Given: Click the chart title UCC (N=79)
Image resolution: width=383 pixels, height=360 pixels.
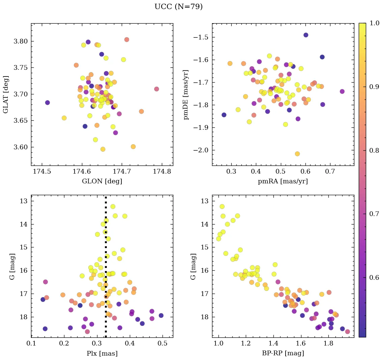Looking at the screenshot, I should click(178, 7).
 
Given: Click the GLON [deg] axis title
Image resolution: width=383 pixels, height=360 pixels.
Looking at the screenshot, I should click(102, 181).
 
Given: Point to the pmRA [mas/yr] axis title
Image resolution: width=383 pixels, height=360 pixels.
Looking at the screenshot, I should click(283, 181).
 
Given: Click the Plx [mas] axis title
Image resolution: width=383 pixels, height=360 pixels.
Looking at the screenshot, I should click(102, 353).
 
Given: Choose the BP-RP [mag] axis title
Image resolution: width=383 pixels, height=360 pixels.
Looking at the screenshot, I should click(283, 353).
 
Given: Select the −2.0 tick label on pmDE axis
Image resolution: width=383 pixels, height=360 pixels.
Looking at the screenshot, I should click(201, 150).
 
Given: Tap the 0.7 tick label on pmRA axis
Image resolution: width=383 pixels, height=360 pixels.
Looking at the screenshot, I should click(330, 172).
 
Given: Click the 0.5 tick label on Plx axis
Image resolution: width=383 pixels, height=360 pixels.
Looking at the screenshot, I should click(163, 344).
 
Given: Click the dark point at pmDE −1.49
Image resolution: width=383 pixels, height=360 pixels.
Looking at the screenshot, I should click(306, 35).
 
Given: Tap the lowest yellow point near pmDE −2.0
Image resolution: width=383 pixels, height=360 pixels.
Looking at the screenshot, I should click(297, 154).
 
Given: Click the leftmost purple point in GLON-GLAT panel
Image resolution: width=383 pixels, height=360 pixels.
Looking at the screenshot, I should click(48, 102).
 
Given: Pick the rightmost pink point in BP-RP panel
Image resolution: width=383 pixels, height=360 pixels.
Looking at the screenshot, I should click(347, 332).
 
